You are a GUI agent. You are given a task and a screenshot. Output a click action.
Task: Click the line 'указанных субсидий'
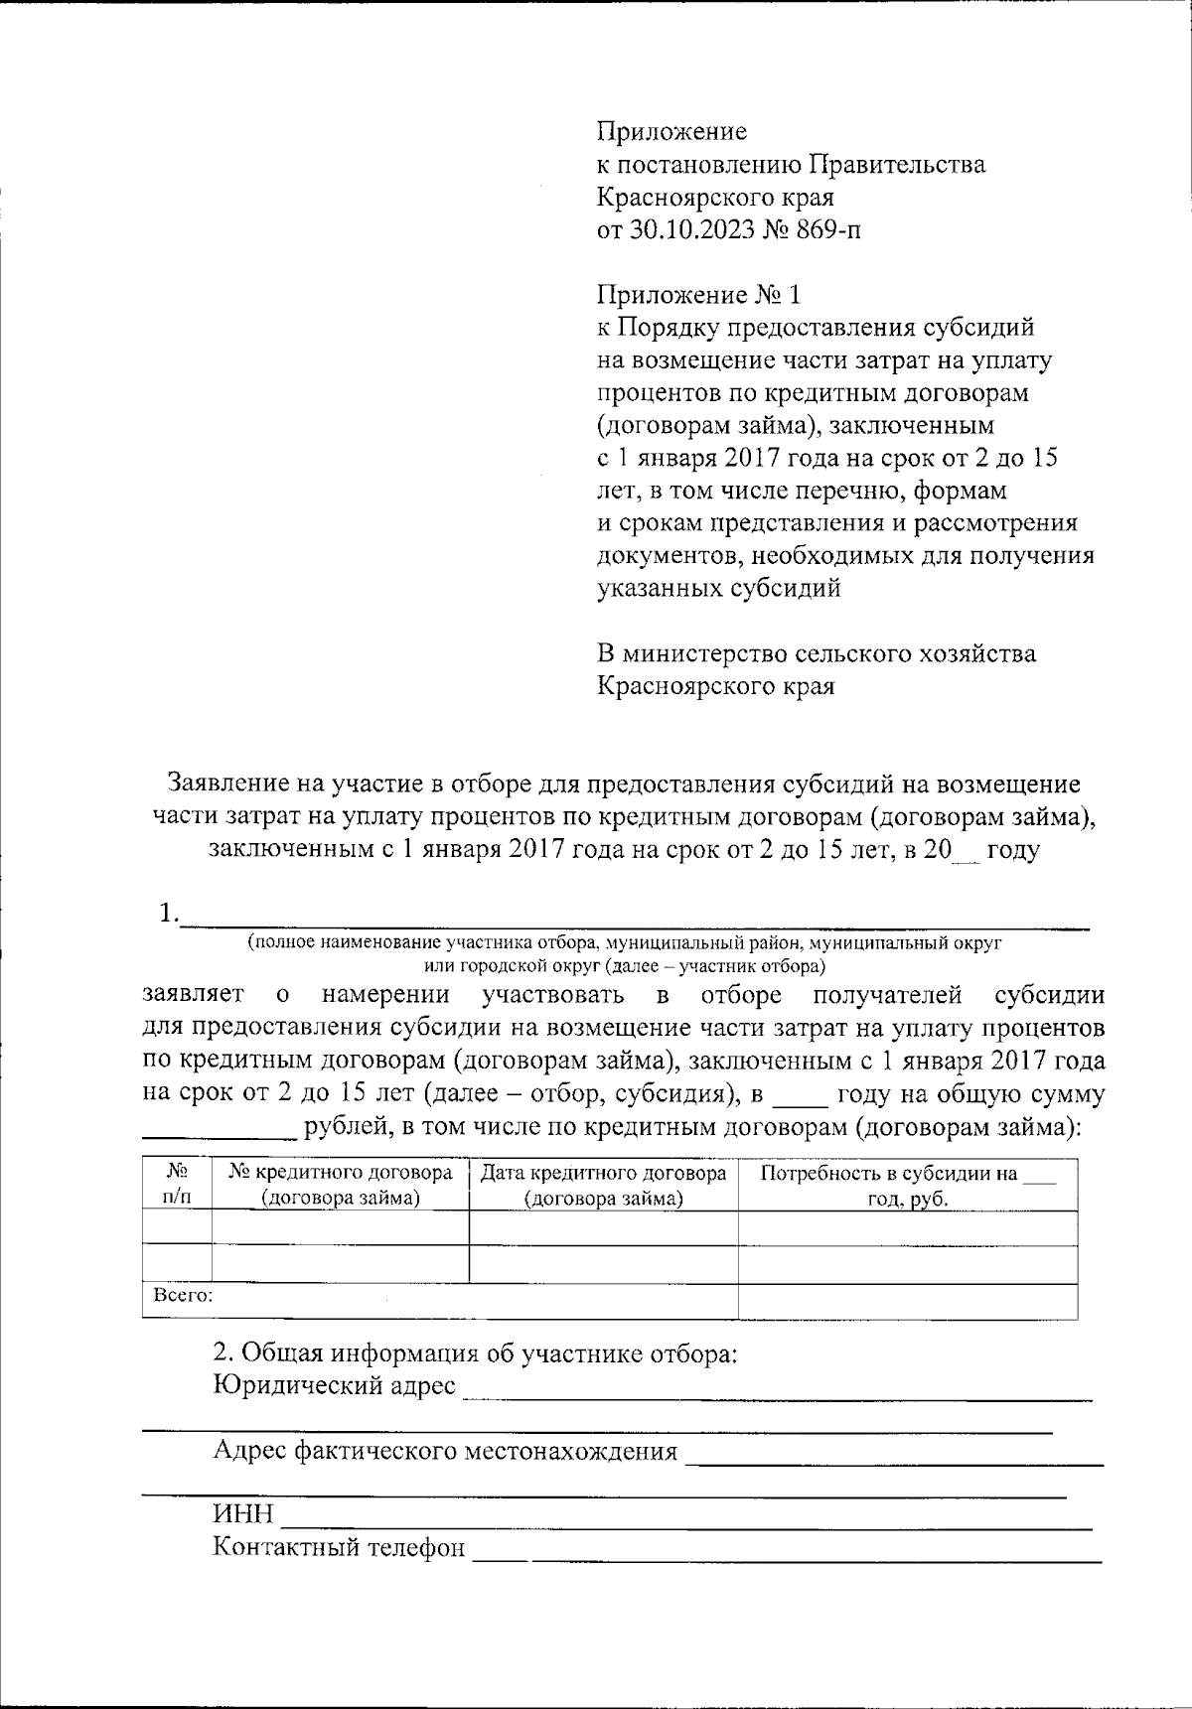coord(718,588)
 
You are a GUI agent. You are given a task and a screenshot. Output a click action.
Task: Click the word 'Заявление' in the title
coord(226,783)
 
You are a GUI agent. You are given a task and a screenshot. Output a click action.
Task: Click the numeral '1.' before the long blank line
coord(168,912)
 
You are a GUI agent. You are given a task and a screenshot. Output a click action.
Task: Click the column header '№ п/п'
coord(177,1185)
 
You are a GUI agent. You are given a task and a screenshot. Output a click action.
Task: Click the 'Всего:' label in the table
coord(183,1296)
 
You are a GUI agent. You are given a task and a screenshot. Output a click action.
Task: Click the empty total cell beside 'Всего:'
coord(907,1301)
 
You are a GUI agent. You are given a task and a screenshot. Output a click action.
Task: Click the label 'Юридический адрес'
coord(335,1385)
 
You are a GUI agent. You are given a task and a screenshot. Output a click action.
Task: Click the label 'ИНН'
coord(242,1514)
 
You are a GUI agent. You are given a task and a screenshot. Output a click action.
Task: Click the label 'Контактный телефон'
coord(339,1547)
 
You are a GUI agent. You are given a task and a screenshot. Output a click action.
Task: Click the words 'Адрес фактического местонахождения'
coord(445,1451)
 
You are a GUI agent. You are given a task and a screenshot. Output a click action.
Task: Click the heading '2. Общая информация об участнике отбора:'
coord(476,1353)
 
